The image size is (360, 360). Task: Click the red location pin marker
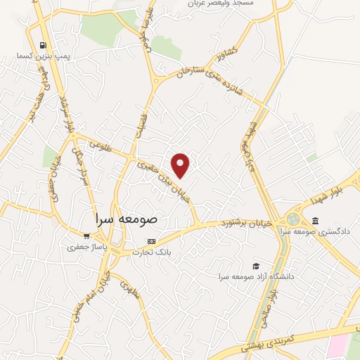coord(181,166)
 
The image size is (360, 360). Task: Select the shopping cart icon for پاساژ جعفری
coord(86,236)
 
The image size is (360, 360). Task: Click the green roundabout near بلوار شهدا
coord(292,218)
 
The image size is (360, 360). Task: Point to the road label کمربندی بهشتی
coord(268,341)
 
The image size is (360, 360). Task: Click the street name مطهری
coord(130,290)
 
